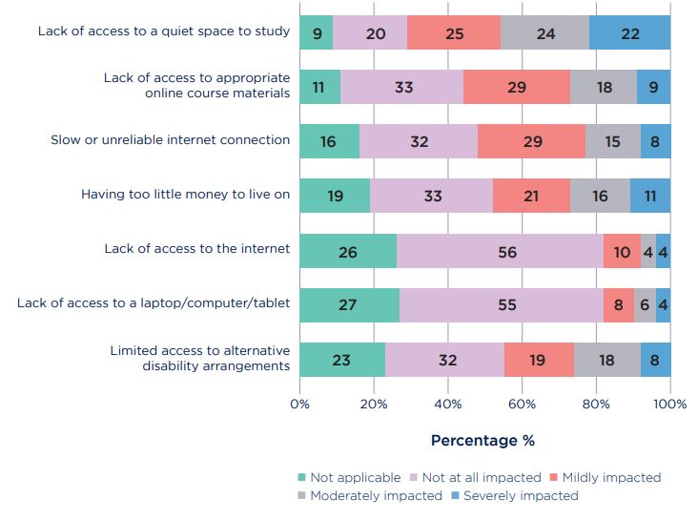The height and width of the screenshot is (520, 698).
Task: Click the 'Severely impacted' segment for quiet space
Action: click(629, 31)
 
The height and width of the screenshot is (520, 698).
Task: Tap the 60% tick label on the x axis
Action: click(522, 404)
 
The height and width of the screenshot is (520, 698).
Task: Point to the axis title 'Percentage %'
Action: click(482, 440)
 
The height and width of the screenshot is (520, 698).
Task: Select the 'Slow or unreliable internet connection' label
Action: click(170, 140)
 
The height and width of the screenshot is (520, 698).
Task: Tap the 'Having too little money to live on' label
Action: click(185, 195)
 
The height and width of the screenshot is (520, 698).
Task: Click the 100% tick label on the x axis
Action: click(669, 404)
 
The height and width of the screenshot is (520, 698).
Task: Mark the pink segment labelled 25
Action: click(454, 31)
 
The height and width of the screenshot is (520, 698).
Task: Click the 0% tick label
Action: click(299, 404)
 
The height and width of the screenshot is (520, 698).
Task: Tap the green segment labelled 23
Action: click(341, 360)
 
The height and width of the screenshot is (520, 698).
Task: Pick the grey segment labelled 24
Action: click(544, 31)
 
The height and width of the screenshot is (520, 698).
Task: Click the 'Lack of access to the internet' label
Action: click(196, 249)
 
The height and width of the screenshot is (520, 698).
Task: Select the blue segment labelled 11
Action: click(649, 196)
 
